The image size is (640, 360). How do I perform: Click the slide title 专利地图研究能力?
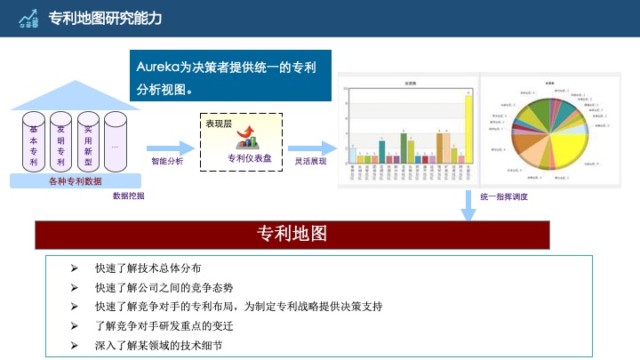[x=105, y=18]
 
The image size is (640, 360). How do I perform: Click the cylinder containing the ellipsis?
[x=116, y=142]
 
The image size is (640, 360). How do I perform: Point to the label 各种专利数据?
[x=75, y=180]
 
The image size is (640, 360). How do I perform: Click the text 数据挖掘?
[x=127, y=196]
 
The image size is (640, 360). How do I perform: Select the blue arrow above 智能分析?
[x=170, y=148]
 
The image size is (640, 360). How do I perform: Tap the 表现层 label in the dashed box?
[x=219, y=124]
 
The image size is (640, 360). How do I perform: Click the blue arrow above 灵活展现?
[x=311, y=148]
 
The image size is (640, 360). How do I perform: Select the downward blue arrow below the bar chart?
[x=468, y=204]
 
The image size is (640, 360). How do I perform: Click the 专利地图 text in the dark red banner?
[x=292, y=234]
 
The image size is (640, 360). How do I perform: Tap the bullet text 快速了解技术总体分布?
[x=148, y=268]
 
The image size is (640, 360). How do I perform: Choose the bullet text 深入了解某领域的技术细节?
[x=158, y=343]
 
